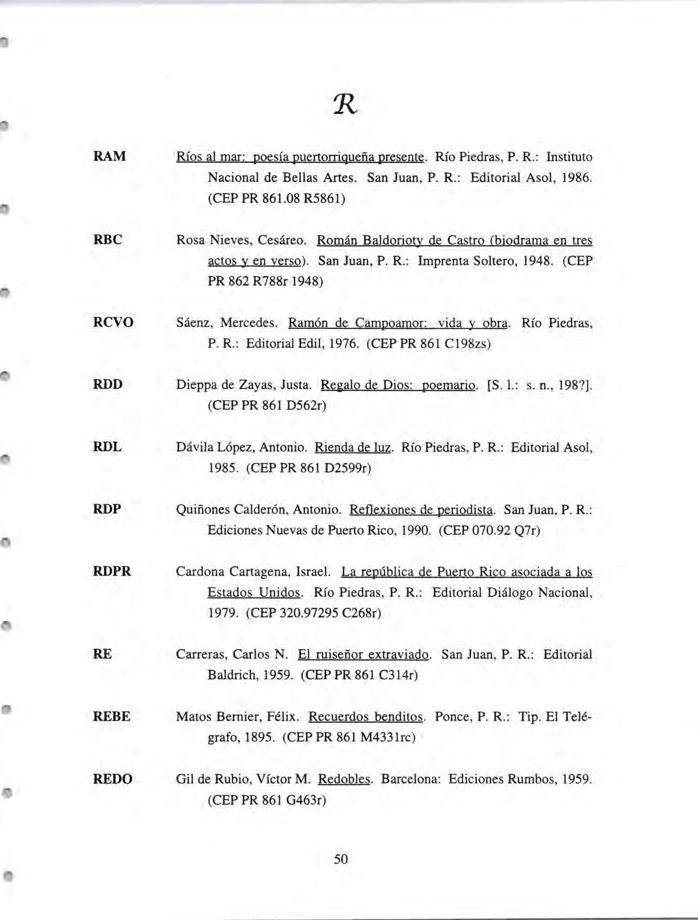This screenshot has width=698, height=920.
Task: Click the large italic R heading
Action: click(x=346, y=103)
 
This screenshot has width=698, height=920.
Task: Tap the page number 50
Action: click(x=341, y=859)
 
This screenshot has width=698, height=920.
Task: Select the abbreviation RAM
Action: click(x=110, y=156)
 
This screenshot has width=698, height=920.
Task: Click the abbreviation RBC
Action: click(x=108, y=240)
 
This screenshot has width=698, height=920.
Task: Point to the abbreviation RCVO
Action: click(x=113, y=322)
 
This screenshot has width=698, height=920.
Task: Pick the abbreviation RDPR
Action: click(x=112, y=571)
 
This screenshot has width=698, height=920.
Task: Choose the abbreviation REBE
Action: click(x=112, y=716)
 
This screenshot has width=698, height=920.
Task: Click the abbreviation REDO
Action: click(x=113, y=779)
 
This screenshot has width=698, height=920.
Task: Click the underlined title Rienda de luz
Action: click(x=353, y=447)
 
